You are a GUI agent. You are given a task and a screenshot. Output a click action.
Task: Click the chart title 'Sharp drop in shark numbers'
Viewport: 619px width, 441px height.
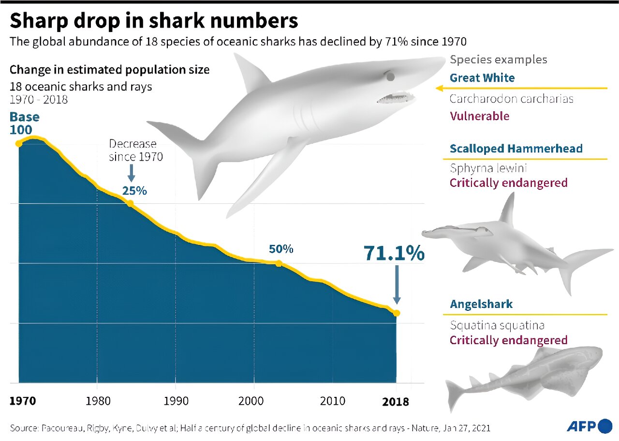[x=154, y=21]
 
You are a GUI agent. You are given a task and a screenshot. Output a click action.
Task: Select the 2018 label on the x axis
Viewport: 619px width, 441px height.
[x=395, y=402]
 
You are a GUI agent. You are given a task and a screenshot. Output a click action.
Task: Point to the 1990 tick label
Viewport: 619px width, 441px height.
[x=176, y=401]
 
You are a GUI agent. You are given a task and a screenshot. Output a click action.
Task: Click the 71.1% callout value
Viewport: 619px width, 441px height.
[x=394, y=253]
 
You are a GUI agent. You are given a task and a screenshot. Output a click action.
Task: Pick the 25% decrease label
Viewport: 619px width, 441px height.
[x=134, y=191]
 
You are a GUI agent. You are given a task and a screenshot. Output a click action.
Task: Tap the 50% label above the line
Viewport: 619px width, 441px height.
[x=281, y=249]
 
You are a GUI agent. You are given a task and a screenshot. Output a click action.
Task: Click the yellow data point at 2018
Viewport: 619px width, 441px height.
[x=397, y=313]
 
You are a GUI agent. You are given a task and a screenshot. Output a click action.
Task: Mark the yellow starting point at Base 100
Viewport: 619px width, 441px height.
[x=19, y=143]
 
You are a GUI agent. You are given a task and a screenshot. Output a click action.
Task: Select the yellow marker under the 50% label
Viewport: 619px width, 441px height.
[x=279, y=264]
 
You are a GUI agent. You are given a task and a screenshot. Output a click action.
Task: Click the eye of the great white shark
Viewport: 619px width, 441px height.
[x=390, y=76]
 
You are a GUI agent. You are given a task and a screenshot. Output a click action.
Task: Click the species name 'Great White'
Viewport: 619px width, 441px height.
[x=482, y=78]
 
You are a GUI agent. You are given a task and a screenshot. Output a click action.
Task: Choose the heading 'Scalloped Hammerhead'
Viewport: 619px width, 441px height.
[x=516, y=149]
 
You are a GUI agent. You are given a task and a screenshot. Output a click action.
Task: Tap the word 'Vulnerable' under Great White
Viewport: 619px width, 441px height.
[x=479, y=116]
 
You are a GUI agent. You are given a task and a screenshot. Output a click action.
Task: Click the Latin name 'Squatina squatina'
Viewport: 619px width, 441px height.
[x=497, y=325]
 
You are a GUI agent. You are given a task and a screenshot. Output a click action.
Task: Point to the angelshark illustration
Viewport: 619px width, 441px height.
[x=527, y=373]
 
